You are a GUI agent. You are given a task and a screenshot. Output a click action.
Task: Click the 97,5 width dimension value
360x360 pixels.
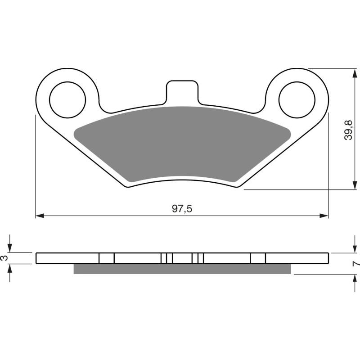pos(182,209)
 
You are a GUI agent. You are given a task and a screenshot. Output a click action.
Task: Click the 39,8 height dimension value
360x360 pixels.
pos(348,130)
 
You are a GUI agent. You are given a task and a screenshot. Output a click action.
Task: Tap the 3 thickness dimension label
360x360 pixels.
pos(4,258)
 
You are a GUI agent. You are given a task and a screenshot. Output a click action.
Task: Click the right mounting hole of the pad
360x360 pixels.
pos(297,98)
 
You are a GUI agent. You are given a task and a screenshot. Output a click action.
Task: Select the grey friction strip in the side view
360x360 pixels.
pos(182,269)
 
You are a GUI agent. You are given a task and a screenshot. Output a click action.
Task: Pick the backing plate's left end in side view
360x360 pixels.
pos(37,258)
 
